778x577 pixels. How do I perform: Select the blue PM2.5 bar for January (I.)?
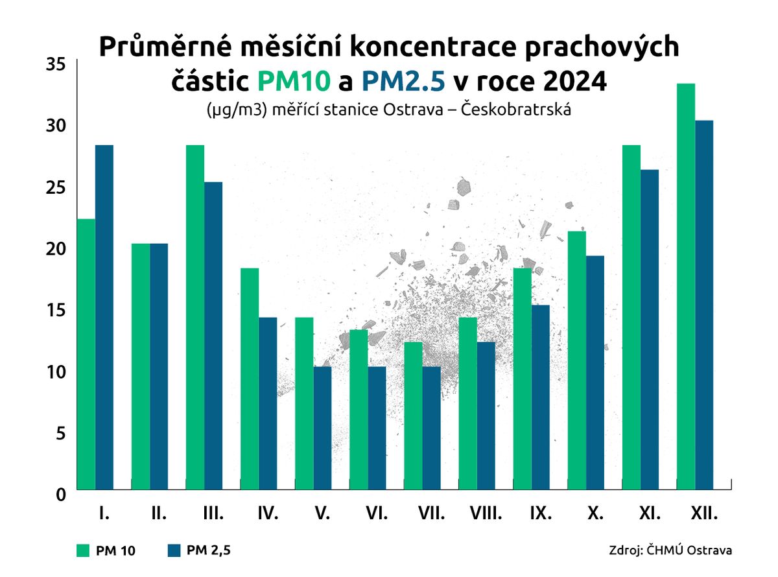104,318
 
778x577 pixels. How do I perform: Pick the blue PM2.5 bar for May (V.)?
322,428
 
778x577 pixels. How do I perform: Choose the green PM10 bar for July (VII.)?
413,416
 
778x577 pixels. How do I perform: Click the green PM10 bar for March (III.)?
195,318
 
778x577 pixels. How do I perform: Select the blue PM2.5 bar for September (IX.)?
540,397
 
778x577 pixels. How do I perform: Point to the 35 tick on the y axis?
56,64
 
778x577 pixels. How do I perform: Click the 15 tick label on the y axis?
56,310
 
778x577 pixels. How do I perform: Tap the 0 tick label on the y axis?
61,495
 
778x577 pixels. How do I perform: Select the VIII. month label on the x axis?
486,515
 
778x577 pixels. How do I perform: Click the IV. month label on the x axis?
268,515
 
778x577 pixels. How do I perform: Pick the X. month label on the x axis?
594,515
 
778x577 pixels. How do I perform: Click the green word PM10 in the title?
296,81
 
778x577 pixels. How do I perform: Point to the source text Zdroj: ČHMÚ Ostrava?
670,550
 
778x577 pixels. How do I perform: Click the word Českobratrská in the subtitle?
515,110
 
